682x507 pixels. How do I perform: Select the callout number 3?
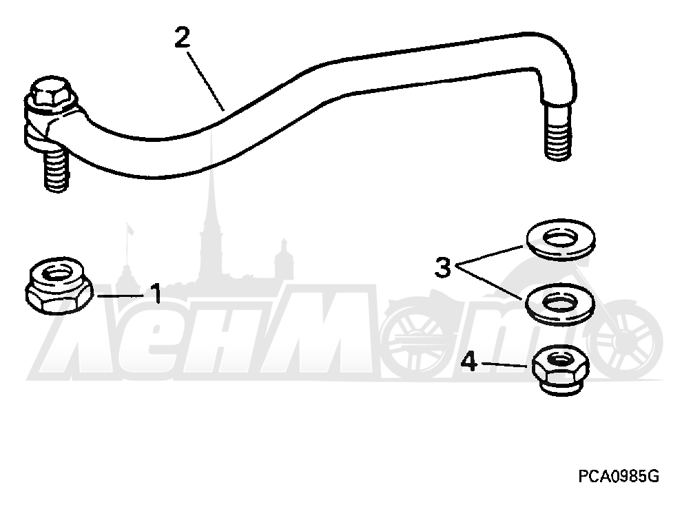click(443, 267)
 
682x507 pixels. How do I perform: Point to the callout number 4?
click(469, 362)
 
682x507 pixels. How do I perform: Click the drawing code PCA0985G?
click(619, 476)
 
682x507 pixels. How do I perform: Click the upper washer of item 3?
click(561, 240)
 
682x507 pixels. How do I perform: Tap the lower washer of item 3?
click(560, 304)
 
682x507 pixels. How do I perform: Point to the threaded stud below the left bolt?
click(56, 168)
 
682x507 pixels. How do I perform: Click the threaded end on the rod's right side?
click(557, 130)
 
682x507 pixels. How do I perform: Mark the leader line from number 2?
click(206, 81)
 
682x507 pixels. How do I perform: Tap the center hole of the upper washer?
click(560, 238)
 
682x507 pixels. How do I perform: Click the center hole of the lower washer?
click(560, 302)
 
